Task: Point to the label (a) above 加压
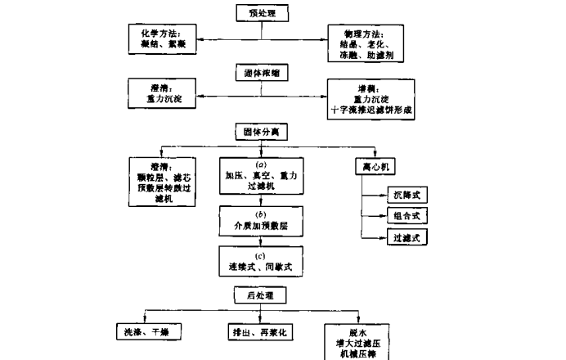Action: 261,164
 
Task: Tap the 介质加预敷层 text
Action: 260,223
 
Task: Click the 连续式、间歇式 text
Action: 260,267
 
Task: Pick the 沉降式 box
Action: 407,196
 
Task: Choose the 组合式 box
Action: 407,216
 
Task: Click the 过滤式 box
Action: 407,237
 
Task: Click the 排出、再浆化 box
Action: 261,332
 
